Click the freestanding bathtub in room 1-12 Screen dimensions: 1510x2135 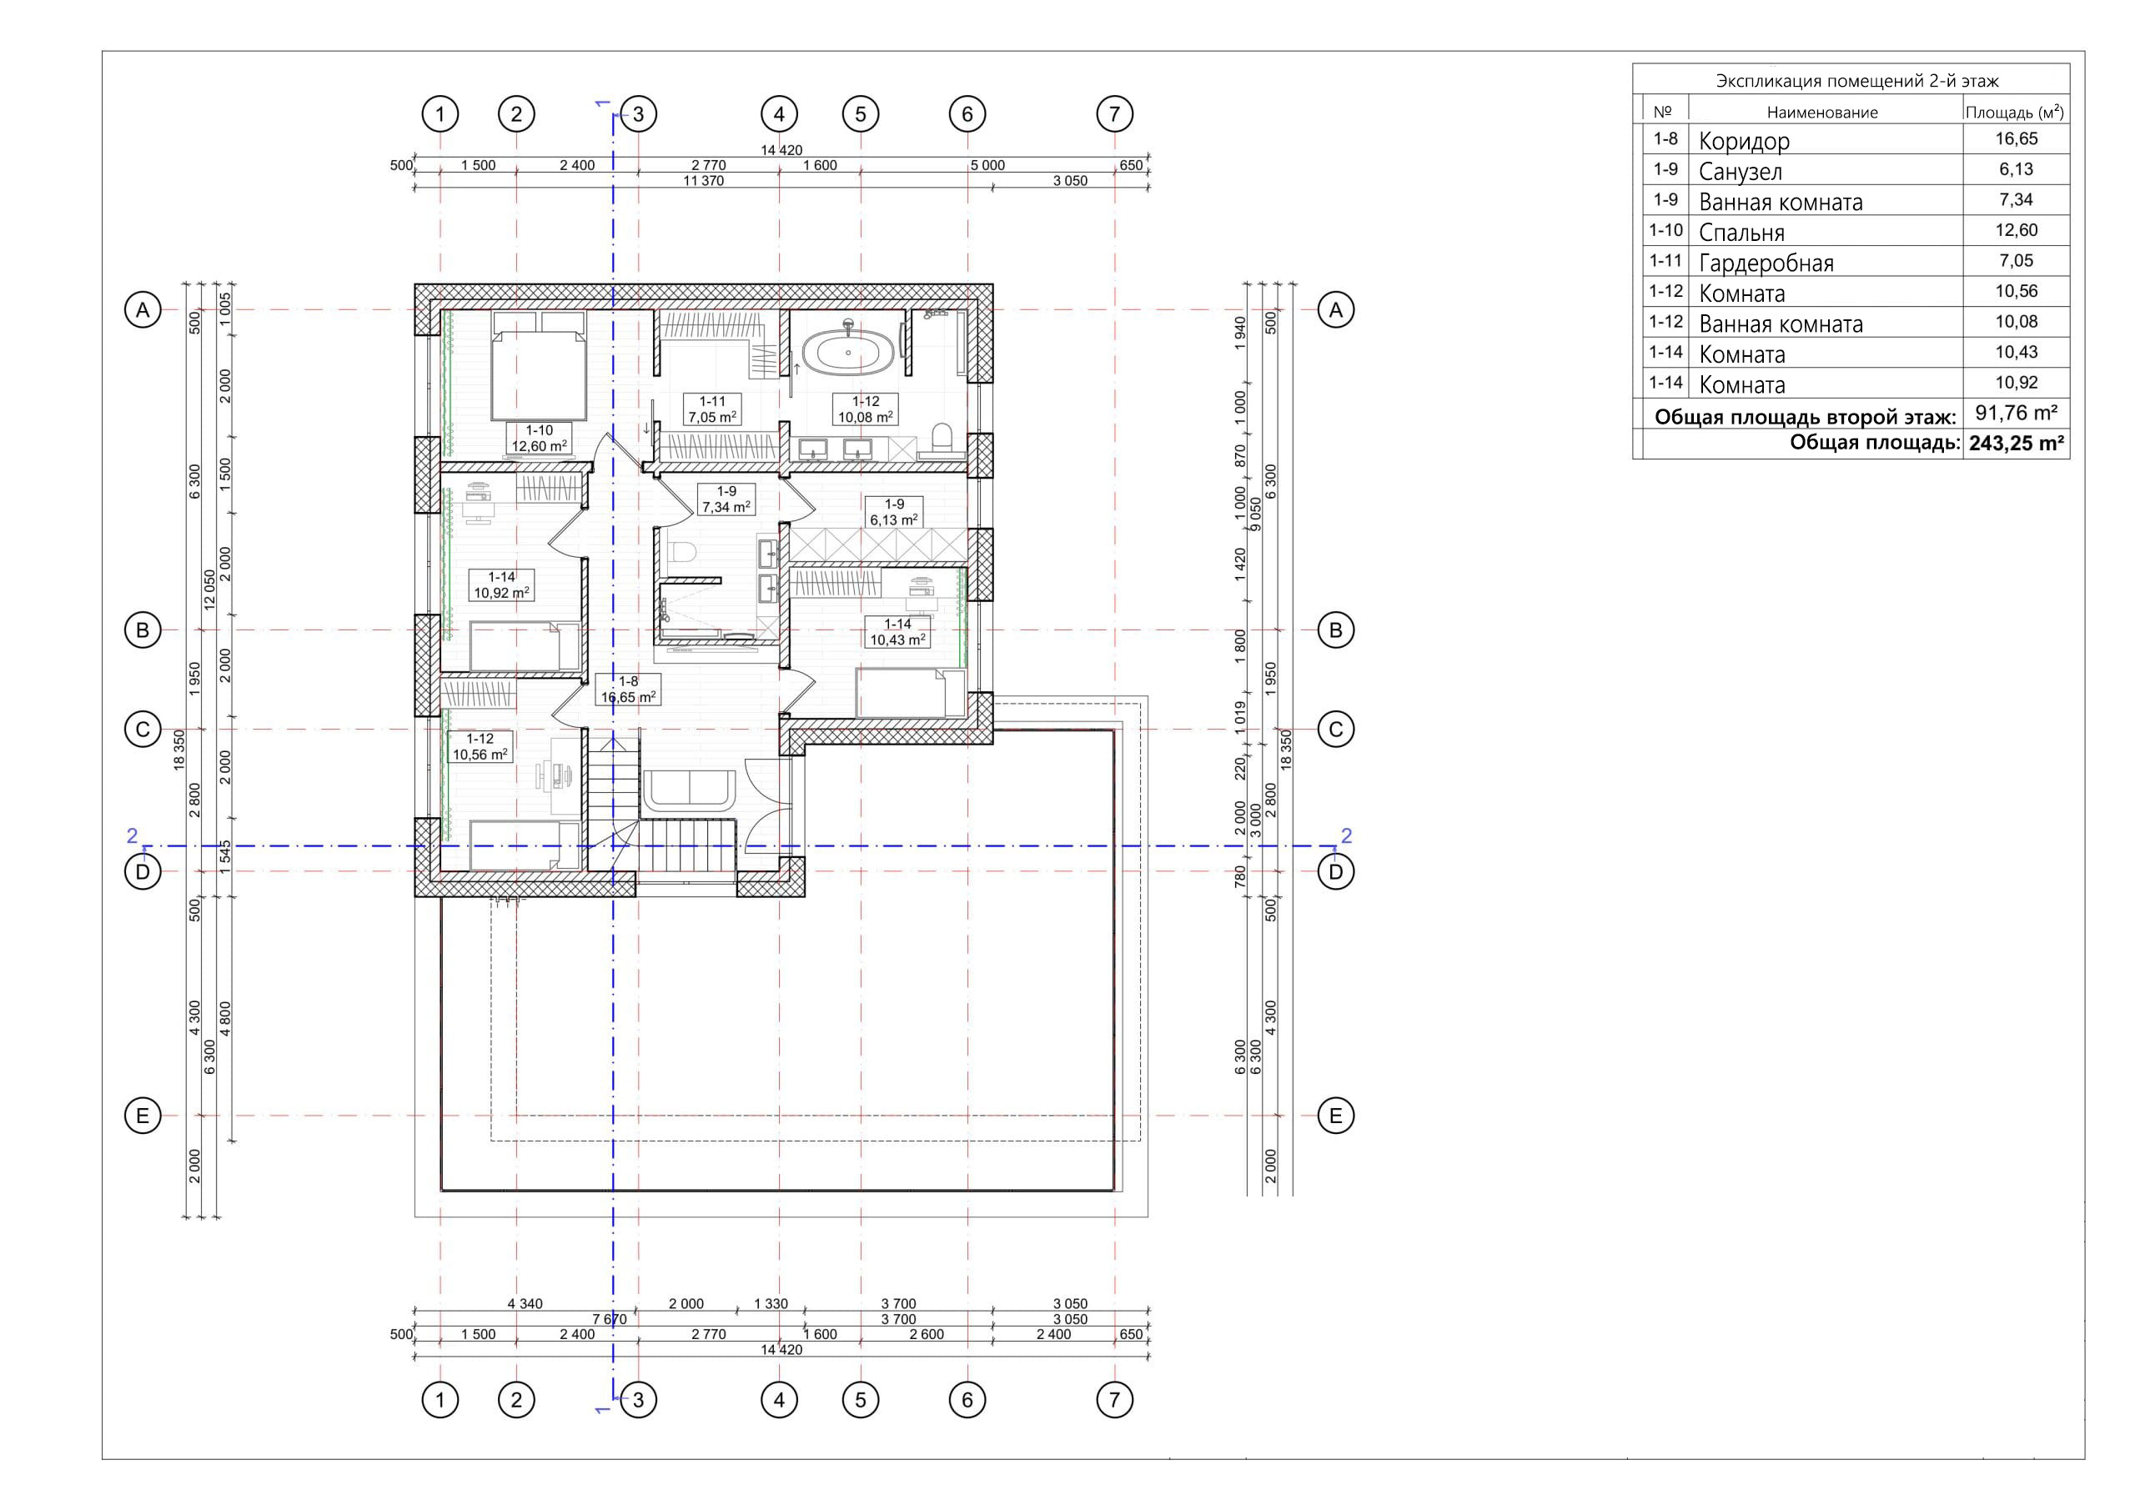848,354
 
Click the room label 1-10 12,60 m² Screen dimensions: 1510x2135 540,439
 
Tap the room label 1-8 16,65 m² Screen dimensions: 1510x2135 629,690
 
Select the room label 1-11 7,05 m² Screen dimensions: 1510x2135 712,410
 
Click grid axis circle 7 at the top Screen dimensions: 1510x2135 1114,114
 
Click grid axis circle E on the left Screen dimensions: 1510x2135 143,1116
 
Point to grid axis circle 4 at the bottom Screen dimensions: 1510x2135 778,1399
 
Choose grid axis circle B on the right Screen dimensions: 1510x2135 1335,630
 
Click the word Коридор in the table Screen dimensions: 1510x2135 1744,142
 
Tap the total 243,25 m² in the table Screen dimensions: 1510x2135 2015,444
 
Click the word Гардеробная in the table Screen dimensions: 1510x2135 1766,264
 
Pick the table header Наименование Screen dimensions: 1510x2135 1821,113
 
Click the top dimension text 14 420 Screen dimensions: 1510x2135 781,150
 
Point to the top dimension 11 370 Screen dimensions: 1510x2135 703,181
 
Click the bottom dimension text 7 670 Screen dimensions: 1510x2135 609,1319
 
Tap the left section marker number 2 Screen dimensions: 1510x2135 132,836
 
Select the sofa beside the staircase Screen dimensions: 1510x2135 689,789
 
